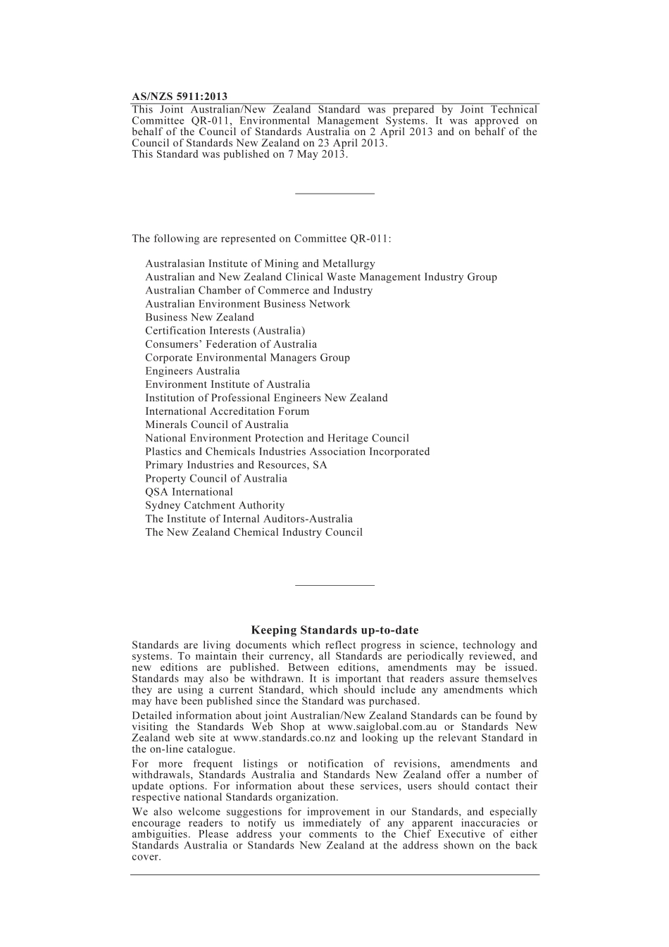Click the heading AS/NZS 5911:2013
180,96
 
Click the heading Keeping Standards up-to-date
334,630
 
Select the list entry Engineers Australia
192,371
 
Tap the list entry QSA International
189,492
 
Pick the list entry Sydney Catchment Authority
215,506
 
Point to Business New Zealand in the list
199,318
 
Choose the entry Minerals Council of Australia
217,425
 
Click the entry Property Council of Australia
216,479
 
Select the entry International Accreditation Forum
227,411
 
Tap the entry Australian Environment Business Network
247,304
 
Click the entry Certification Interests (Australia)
225,331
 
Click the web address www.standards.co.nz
284,738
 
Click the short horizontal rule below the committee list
334,584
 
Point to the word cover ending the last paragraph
145,857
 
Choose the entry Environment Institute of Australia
227,384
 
